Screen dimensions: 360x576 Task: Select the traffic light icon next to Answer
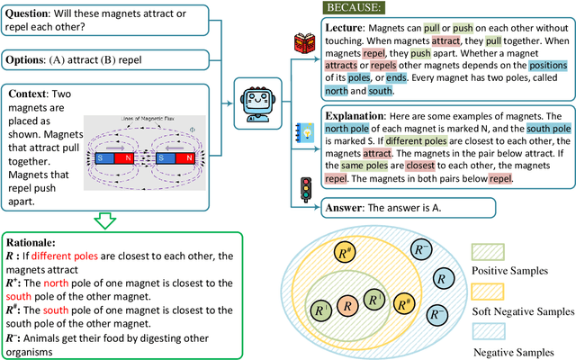click(303, 187)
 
